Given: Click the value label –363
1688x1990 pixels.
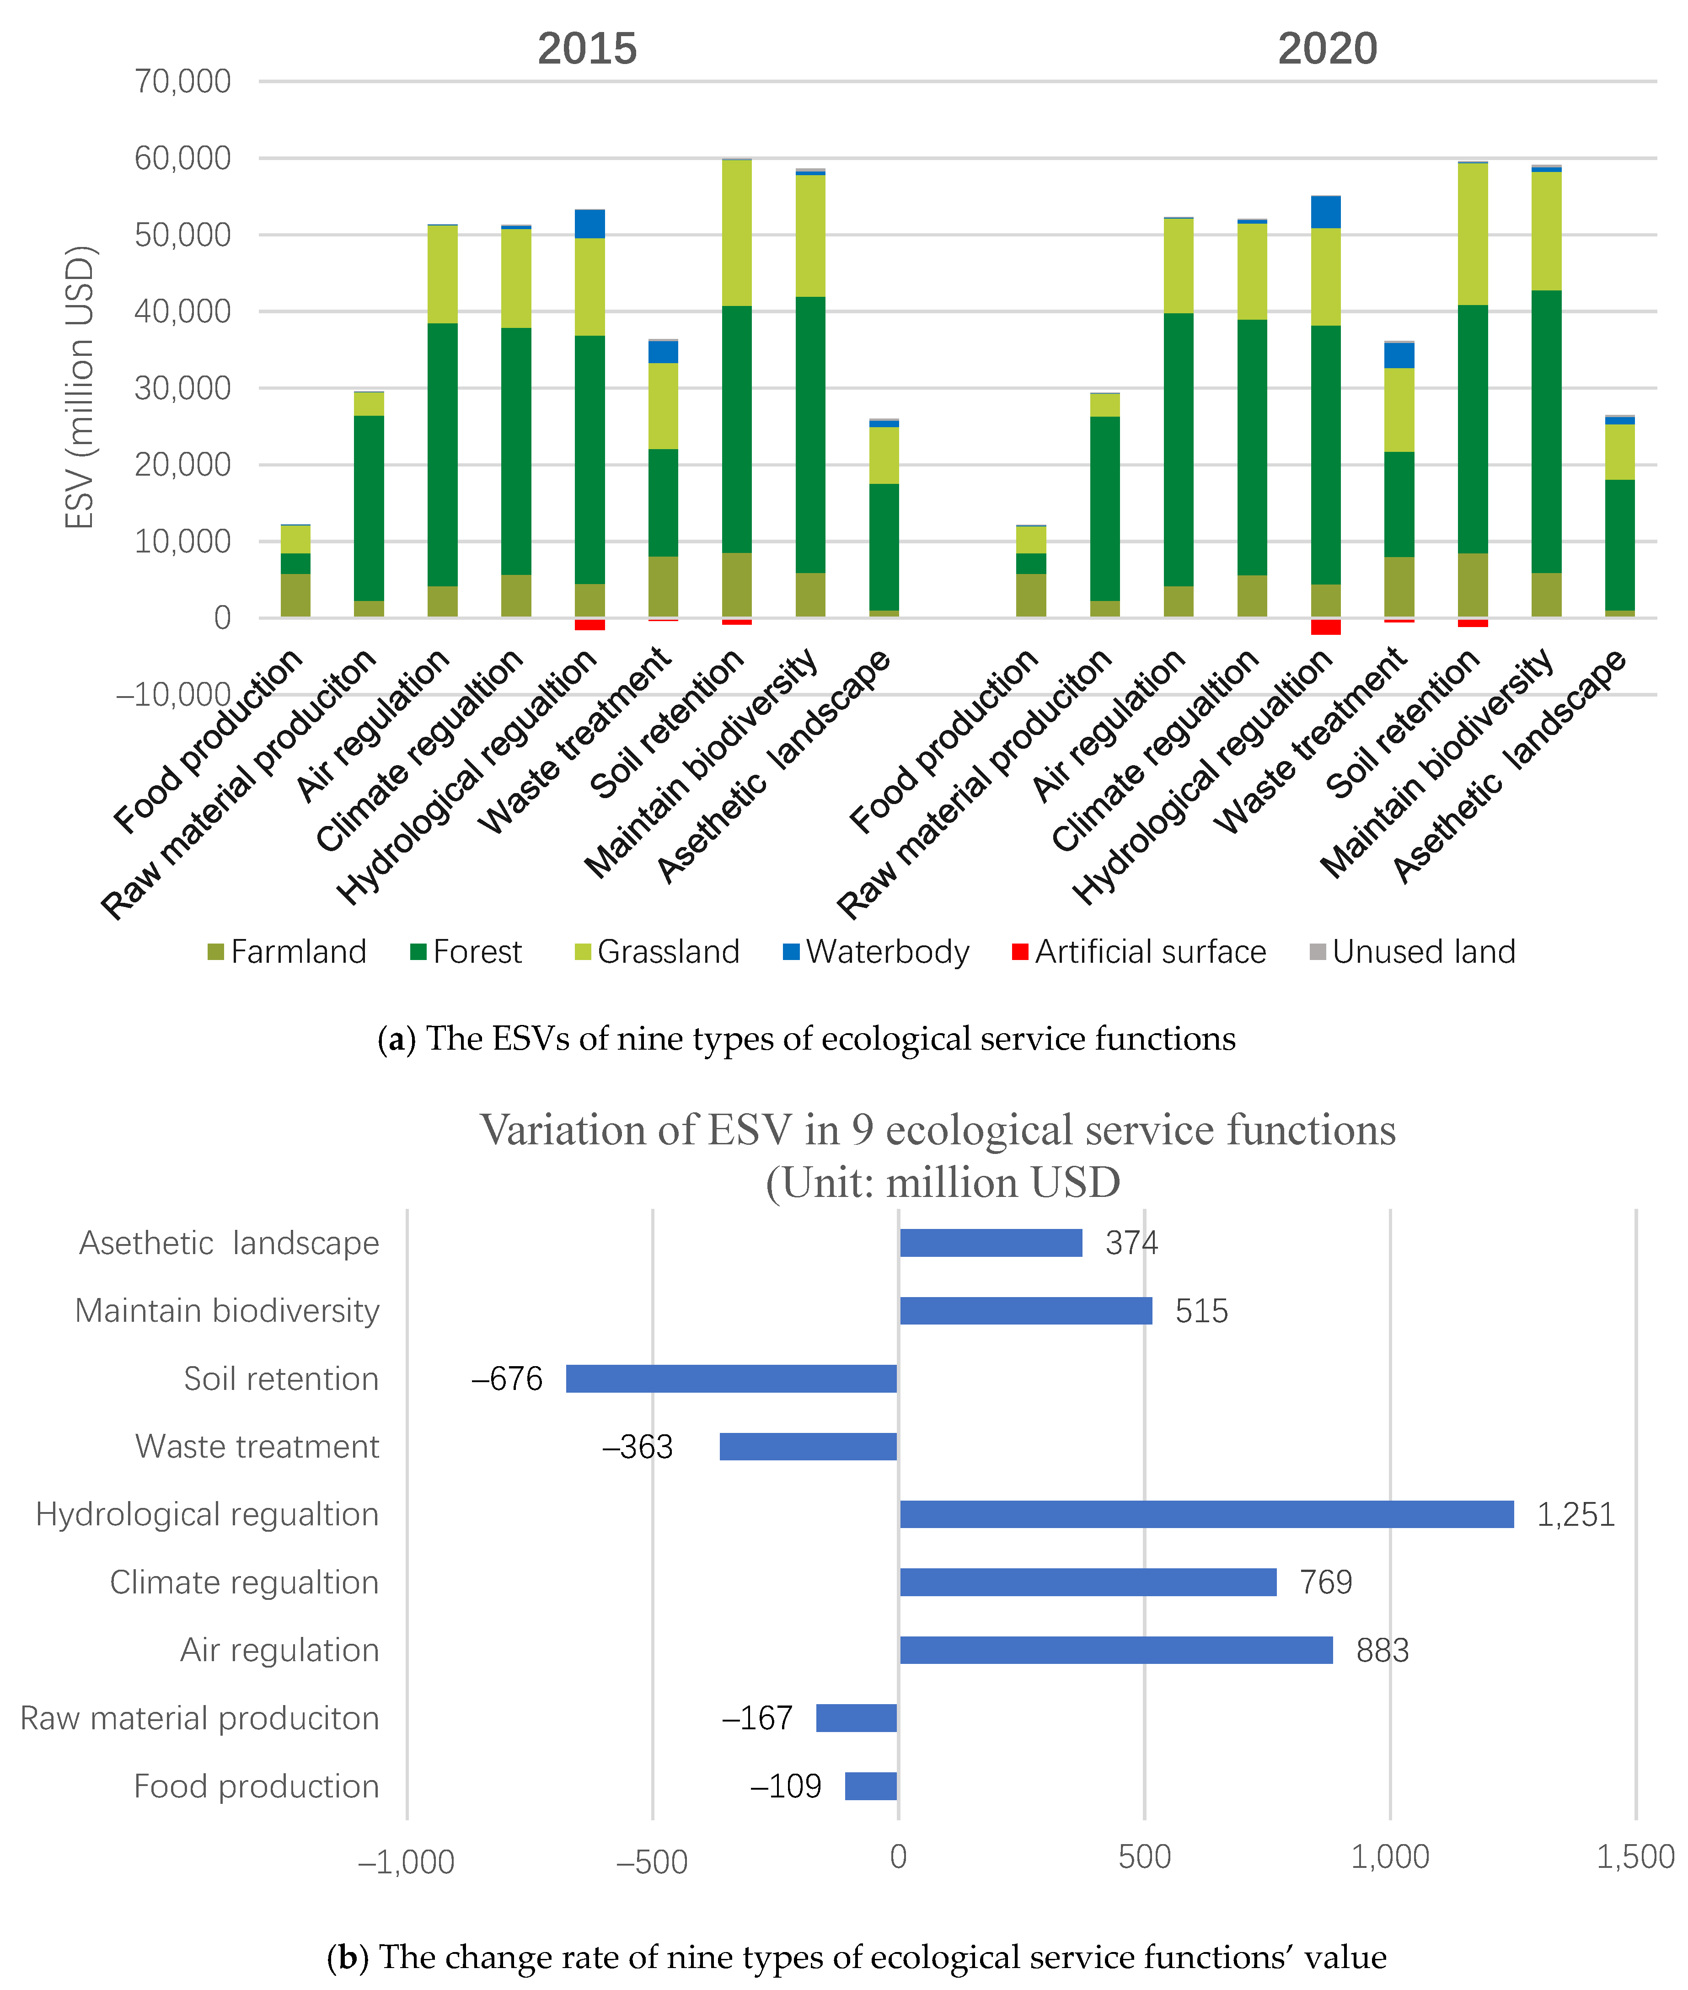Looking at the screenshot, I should coord(638,1447).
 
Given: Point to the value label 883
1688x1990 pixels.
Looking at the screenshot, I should coord(1382,1650).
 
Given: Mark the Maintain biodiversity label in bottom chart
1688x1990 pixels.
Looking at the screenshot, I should coord(228,1311).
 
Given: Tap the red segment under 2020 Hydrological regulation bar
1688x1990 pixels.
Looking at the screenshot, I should coord(1325,627).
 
